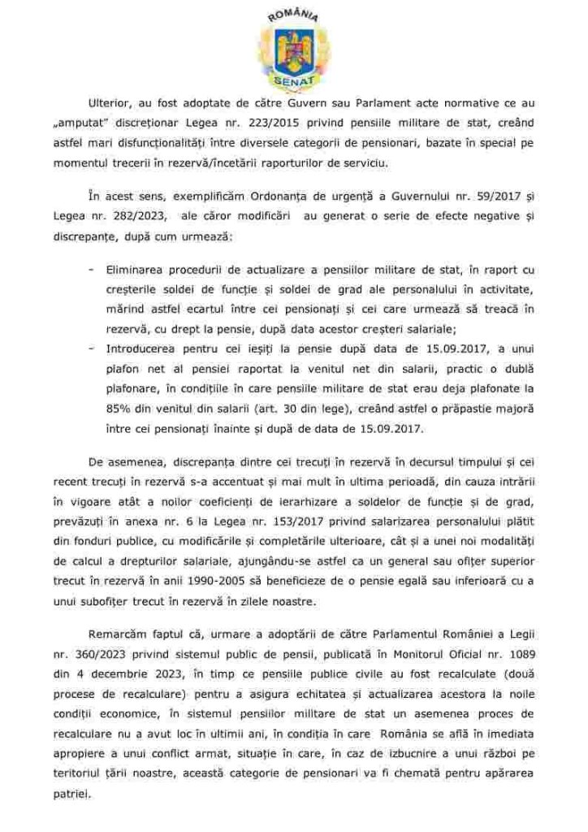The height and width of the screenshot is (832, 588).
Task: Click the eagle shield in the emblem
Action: [293, 51]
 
